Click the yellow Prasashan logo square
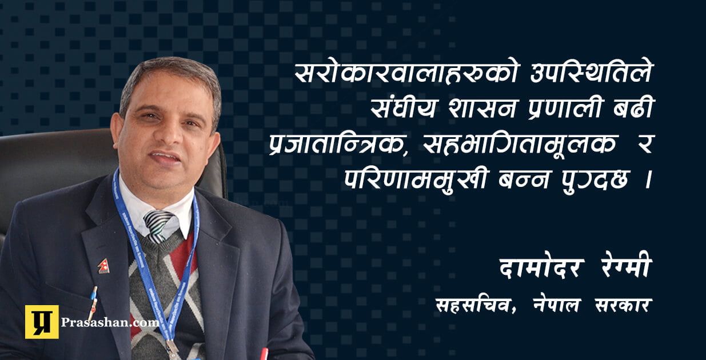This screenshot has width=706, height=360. [42, 322]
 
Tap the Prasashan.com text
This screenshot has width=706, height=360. [110, 322]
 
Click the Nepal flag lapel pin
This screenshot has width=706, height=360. [103, 266]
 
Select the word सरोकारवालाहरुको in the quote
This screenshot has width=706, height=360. [406, 73]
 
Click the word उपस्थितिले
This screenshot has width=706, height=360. [591, 73]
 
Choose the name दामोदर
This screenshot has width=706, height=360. [542, 269]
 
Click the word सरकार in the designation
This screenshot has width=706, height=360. [623, 306]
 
